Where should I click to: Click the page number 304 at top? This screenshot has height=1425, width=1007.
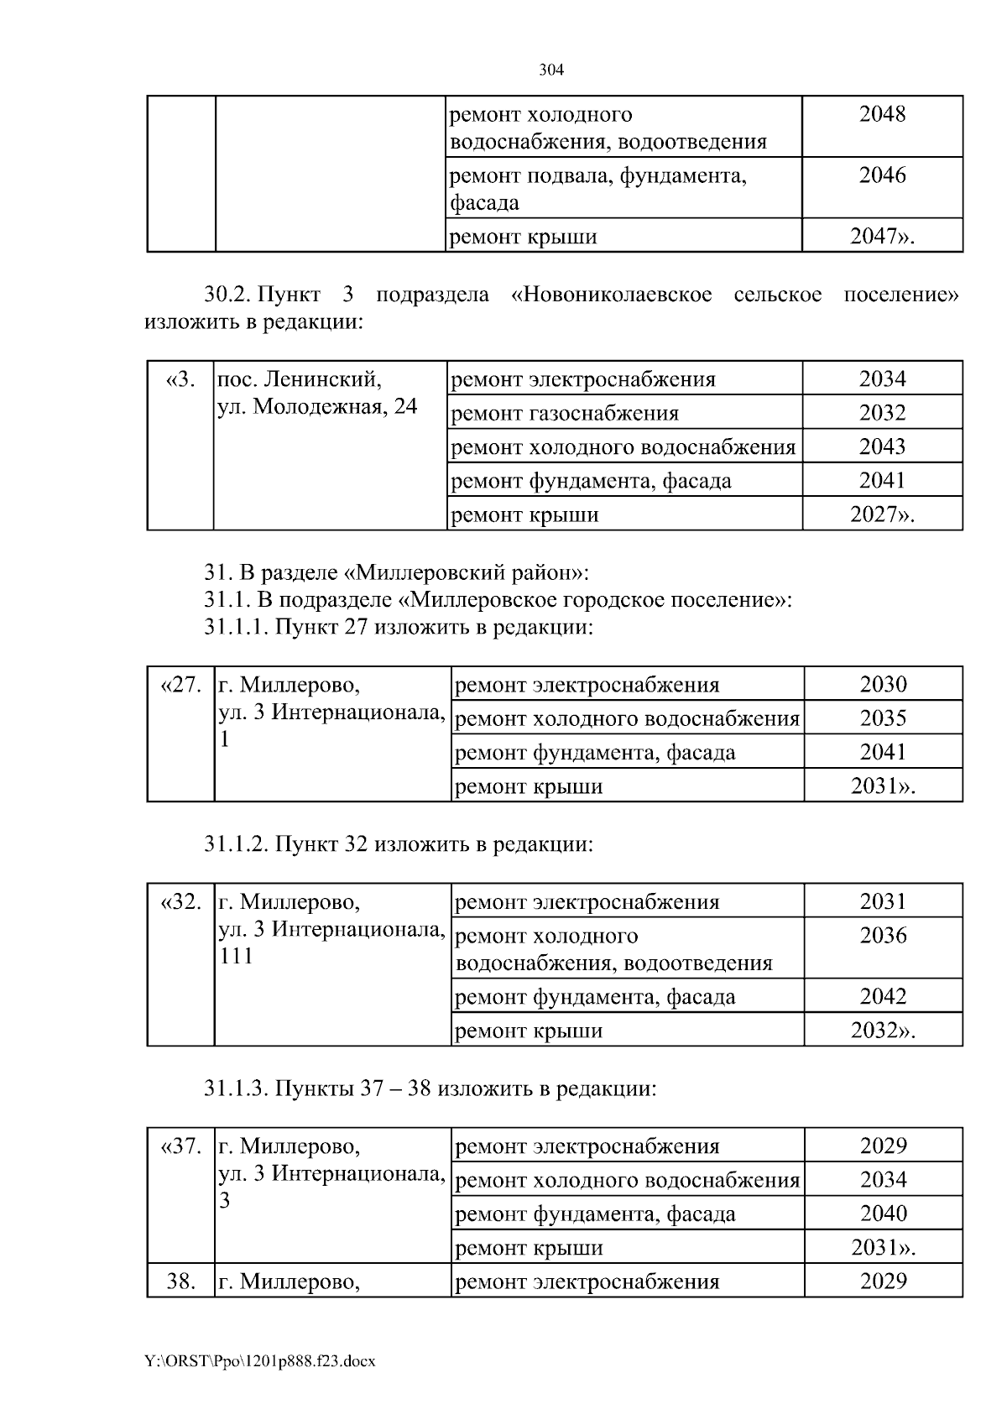(550, 70)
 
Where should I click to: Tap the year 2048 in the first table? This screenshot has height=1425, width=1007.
(882, 115)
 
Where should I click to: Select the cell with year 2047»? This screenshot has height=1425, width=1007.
(882, 237)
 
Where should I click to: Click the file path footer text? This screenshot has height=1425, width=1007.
(259, 1361)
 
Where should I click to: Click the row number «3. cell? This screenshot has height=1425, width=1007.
(180, 379)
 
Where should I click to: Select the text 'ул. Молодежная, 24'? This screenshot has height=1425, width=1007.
(317, 407)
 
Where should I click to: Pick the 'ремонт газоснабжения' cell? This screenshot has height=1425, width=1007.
(565, 413)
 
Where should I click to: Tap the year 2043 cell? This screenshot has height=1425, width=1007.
(882, 446)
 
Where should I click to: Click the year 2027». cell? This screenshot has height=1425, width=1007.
(882, 514)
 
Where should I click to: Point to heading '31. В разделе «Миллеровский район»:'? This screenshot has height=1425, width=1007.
(396, 573)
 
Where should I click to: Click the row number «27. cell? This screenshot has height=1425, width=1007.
(180, 685)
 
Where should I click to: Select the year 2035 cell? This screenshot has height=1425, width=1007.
(883, 718)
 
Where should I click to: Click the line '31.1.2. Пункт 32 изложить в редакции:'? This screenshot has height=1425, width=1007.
(399, 843)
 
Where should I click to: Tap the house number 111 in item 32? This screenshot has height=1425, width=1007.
(236, 956)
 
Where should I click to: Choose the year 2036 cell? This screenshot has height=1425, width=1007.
(883, 936)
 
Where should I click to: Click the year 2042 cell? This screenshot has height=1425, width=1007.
(883, 997)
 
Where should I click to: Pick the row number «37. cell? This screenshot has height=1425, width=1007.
(180, 1146)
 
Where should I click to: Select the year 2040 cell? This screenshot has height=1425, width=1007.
(883, 1214)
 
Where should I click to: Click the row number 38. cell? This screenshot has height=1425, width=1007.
(181, 1281)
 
